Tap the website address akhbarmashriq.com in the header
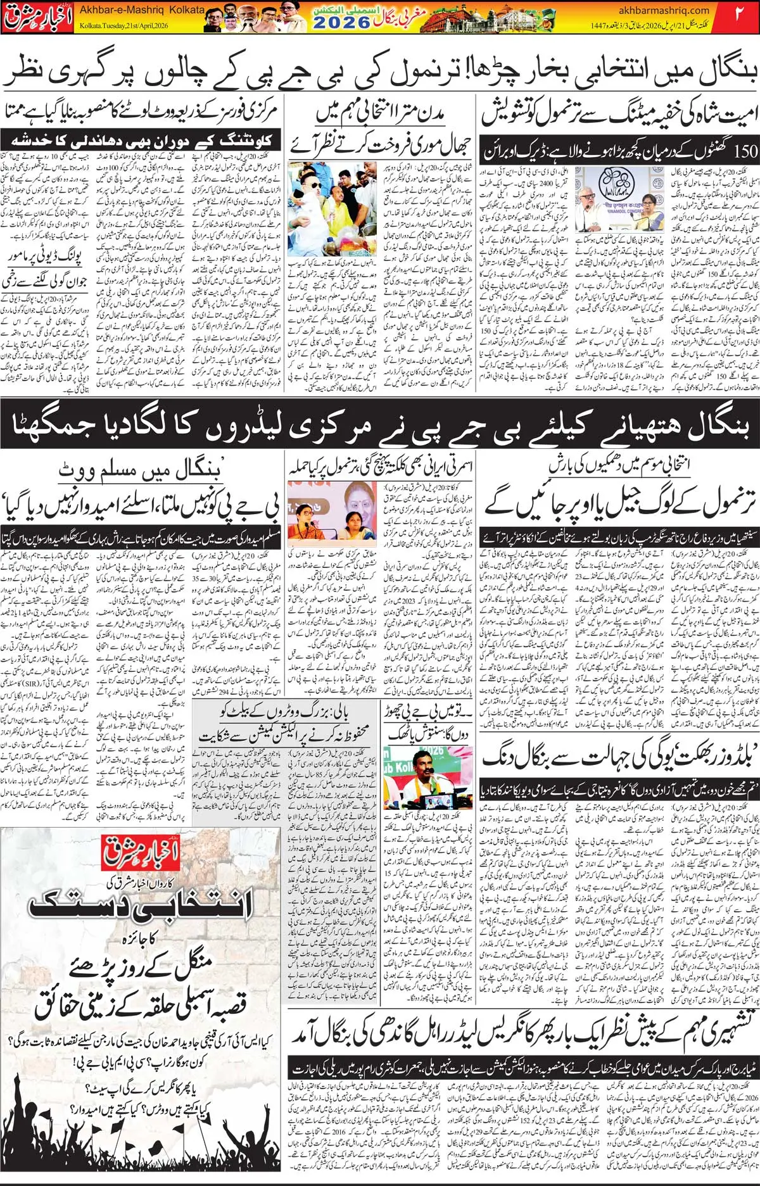pos(664,9)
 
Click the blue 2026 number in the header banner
pos(341,23)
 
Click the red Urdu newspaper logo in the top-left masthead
pos(37,17)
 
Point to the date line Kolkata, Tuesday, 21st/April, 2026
pos(123,26)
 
